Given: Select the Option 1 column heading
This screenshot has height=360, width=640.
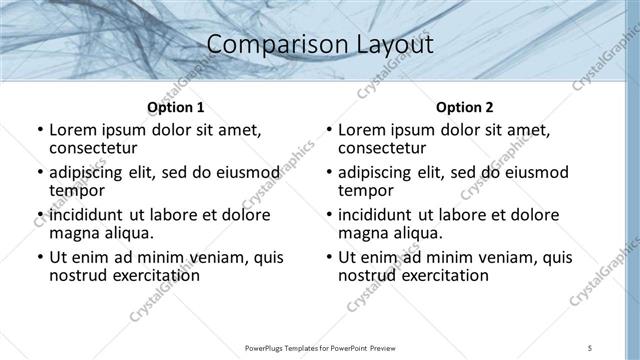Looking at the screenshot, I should point(176,106).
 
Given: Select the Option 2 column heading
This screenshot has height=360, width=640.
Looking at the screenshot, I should point(464,106).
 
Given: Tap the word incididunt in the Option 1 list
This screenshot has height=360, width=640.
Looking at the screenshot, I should point(88,215).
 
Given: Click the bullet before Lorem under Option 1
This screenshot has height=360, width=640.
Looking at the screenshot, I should point(39,131).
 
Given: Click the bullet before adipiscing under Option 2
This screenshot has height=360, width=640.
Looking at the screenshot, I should point(328,173).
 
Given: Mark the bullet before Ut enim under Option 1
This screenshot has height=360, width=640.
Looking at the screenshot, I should point(39,257).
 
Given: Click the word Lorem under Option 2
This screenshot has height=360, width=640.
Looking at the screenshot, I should point(364,131).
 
